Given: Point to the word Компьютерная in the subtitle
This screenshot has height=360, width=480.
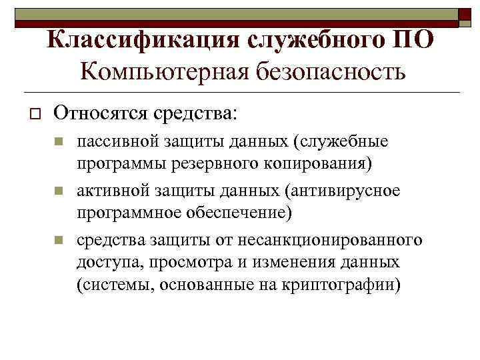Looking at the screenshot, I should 165,71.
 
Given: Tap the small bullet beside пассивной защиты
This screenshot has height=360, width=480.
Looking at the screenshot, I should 59,141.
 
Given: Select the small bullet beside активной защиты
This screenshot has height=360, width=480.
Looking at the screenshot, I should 59,191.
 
